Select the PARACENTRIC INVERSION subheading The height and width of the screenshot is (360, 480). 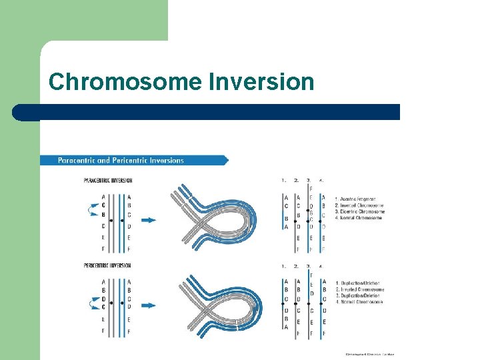(x=108, y=180)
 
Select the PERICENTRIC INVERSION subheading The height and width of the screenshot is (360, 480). (x=107, y=265)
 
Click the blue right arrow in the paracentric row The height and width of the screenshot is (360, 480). (x=148, y=220)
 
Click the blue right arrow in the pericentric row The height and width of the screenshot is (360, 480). (x=148, y=305)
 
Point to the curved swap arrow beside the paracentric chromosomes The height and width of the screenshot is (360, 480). (x=92, y=211)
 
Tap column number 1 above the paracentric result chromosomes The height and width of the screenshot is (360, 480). (x=284, y=180)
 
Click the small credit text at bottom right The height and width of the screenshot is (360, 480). (x=369, y=355)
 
